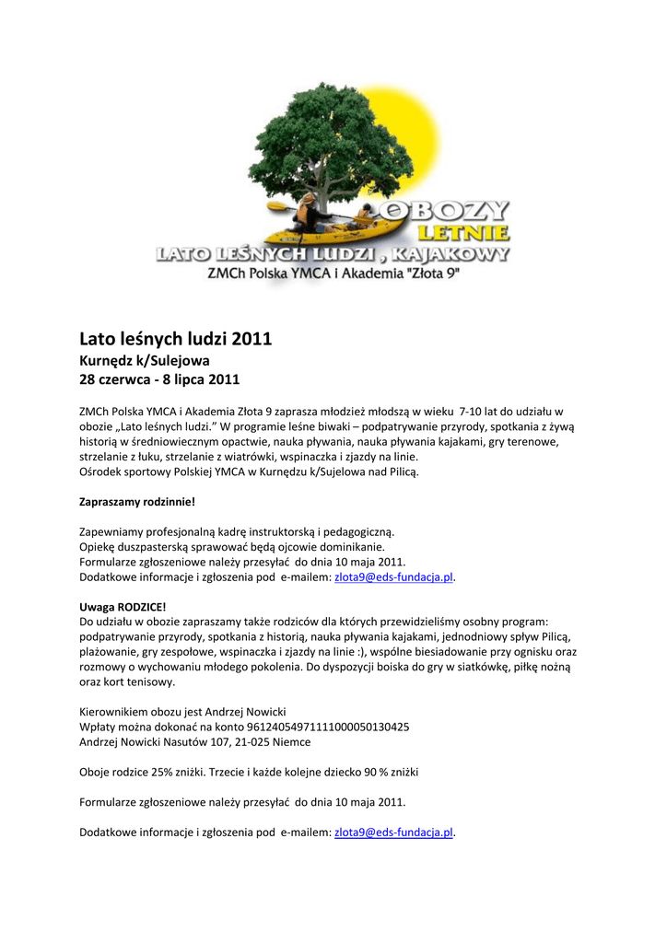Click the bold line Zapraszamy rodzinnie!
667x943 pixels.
pos(137,502)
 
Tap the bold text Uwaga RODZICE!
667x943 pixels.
pos(123,607)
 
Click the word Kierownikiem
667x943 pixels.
pos(114,712)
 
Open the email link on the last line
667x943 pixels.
pos(393,832)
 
